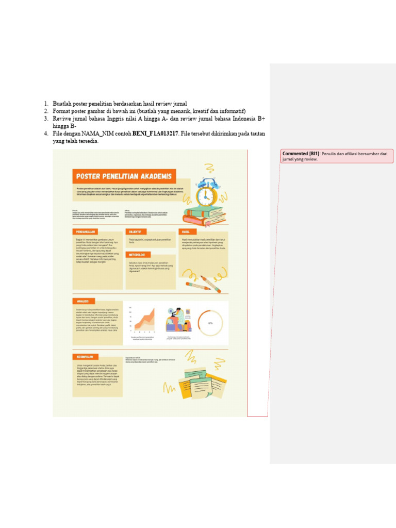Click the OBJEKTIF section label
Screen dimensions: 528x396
click(136, 232)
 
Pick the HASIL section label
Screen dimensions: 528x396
click(186, 232)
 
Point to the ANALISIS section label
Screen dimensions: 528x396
click(84, 301)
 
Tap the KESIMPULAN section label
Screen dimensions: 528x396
click(85, 356)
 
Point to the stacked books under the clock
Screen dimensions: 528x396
click(204, 215)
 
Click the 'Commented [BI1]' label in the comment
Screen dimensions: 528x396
click(301, 154)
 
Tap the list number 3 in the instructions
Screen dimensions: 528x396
click(45, 119)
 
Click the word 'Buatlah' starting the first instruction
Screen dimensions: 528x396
click(62, 104)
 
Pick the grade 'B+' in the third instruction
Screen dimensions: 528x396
click(261, 119)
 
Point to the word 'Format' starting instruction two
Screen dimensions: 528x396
click(61, 111)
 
